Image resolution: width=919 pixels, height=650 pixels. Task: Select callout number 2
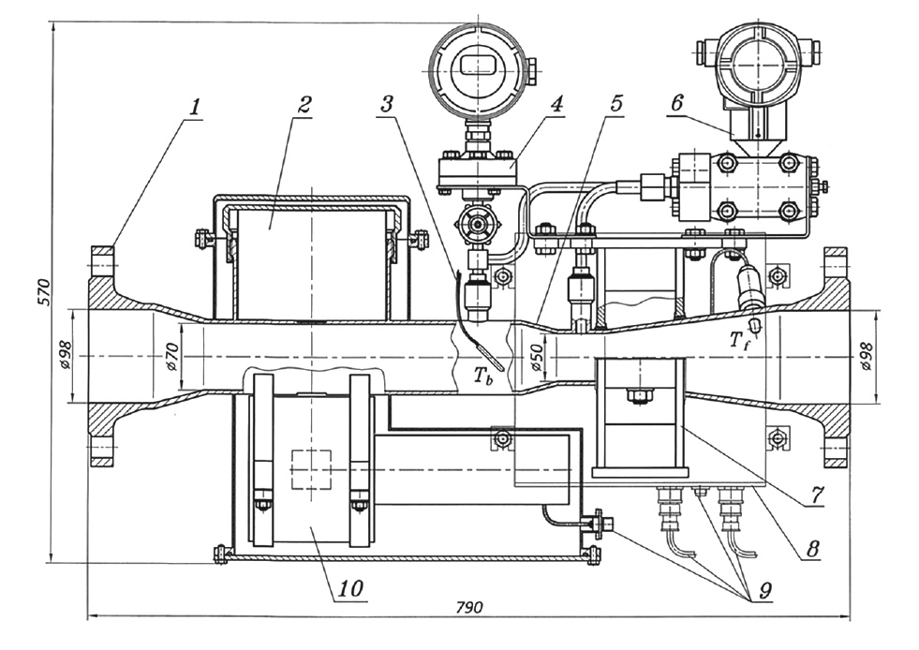(302, 105)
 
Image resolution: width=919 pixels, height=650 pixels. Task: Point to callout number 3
(386, 105)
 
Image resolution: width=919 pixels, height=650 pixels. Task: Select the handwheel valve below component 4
(476, 225)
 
